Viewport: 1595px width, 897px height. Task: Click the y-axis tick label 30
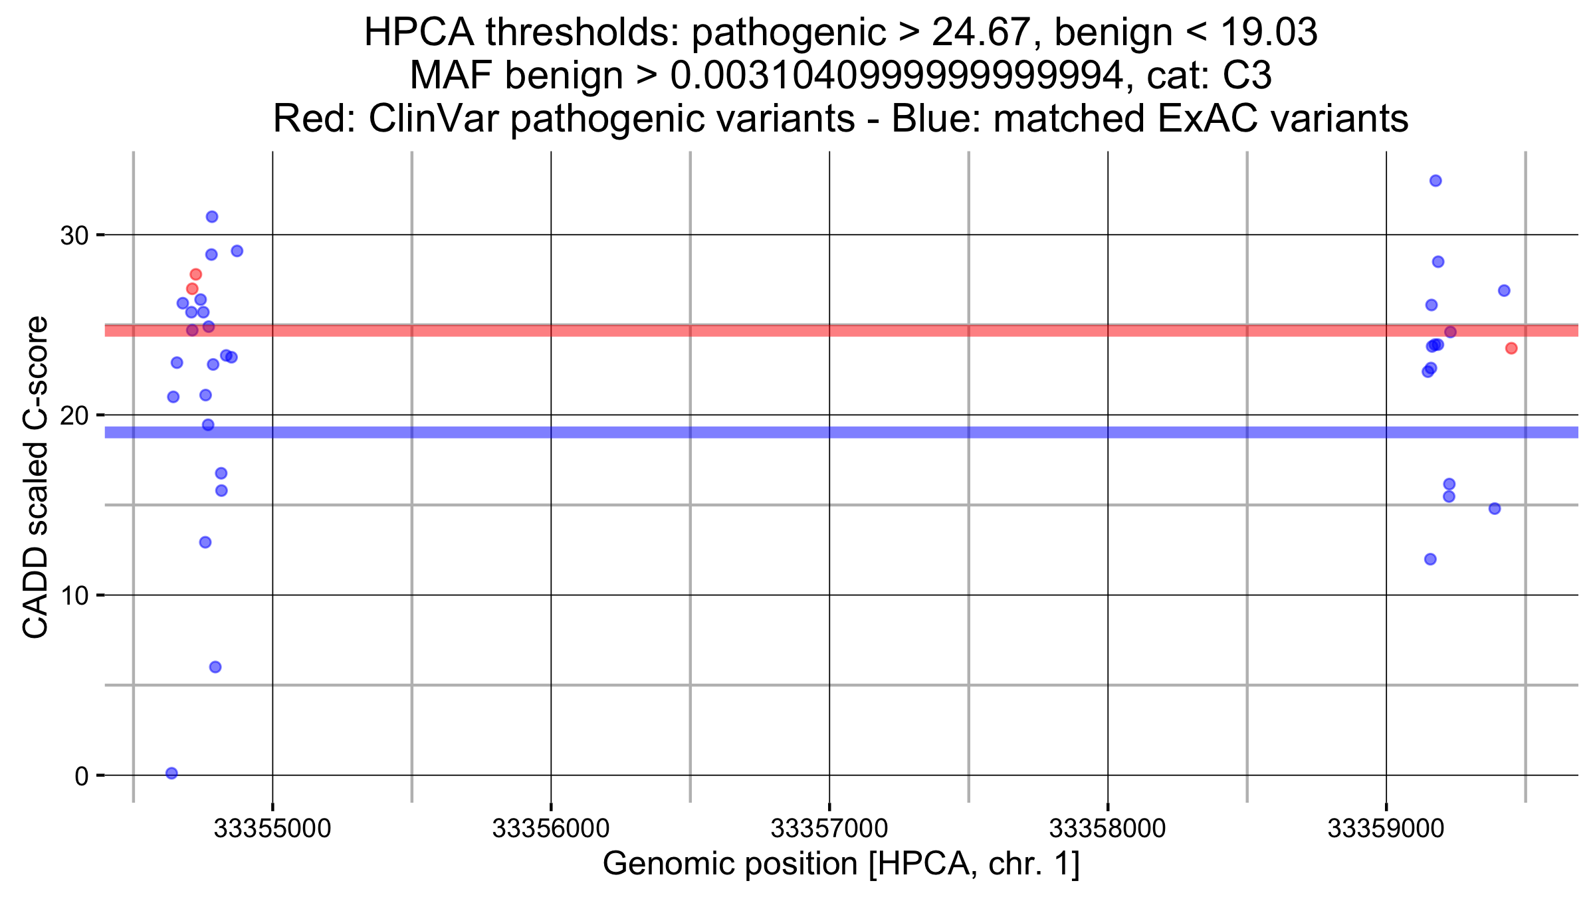click(x=74, y=235)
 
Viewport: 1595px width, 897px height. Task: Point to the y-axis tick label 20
click(x=74, y=416)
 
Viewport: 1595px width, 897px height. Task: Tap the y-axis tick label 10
click(x=74, y=596)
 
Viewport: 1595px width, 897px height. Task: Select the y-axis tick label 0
click(x=81, y=776)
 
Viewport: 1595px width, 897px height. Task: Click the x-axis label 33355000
click(x=272, y=829)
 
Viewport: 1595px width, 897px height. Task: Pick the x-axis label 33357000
click(x=829, y=829)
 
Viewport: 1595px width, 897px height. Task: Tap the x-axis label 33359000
click(x=1386, y=829)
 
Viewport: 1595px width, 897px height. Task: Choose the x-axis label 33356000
click(x=550, y=829)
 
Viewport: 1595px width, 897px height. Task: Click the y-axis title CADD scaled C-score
click(x=36, y=476)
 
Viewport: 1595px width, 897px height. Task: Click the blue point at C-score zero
click(x=171, y=773)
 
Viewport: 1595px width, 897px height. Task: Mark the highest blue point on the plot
click(x=1435, y=181)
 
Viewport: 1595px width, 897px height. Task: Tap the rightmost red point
click(x=1511, y=348)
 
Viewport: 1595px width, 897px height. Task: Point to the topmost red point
click(x=195, y=274)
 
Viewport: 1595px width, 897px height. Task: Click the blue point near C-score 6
click(x=215, y=667)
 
